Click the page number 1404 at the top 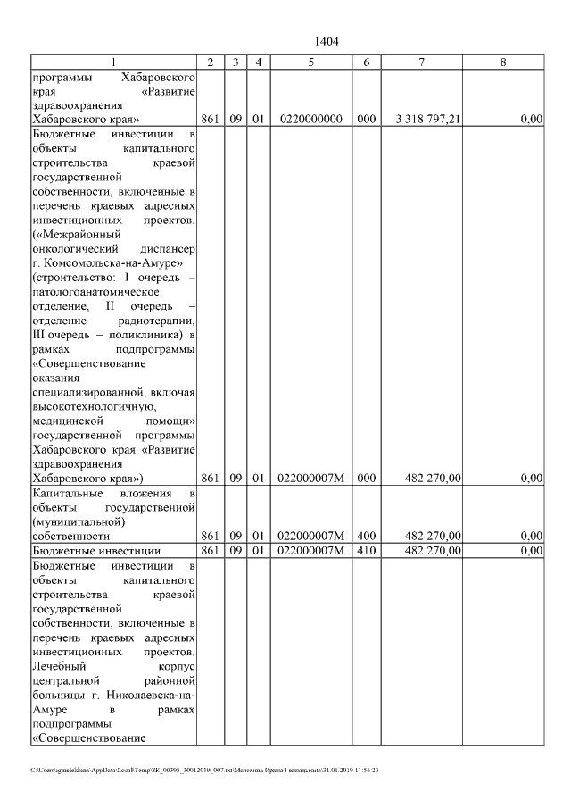click(x=327, y=41)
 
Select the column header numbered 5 click(x=310, y=62)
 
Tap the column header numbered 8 click(x=503, y=62)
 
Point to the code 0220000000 click(x=310, y=119)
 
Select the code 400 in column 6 click(x=366, y=535)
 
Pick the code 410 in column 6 click(x=366, y=551)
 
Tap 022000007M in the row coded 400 click(x=310, y=535)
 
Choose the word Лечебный click(x=58, y=665)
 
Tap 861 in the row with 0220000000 click(x=210, y=119)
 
